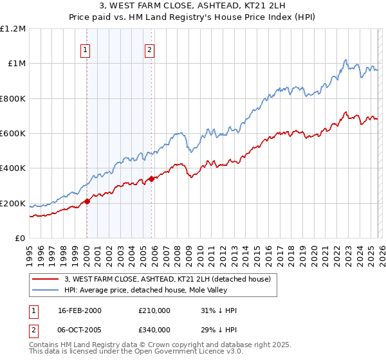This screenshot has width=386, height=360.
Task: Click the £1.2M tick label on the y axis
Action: (13, 29)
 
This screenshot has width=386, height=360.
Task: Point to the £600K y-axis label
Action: (13, 134)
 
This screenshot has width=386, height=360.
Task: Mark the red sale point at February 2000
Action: (87, 202)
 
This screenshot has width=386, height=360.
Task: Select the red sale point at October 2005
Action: (151, 179)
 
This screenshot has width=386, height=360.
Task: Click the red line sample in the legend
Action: (46, 279)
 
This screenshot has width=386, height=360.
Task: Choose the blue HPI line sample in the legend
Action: (46, 290)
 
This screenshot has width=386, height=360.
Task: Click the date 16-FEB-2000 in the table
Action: (79, 310)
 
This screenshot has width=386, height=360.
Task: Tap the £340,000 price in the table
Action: (154, 329)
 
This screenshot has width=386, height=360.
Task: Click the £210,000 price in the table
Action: (154, 310)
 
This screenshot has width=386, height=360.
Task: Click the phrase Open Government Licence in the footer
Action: (169, 352)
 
